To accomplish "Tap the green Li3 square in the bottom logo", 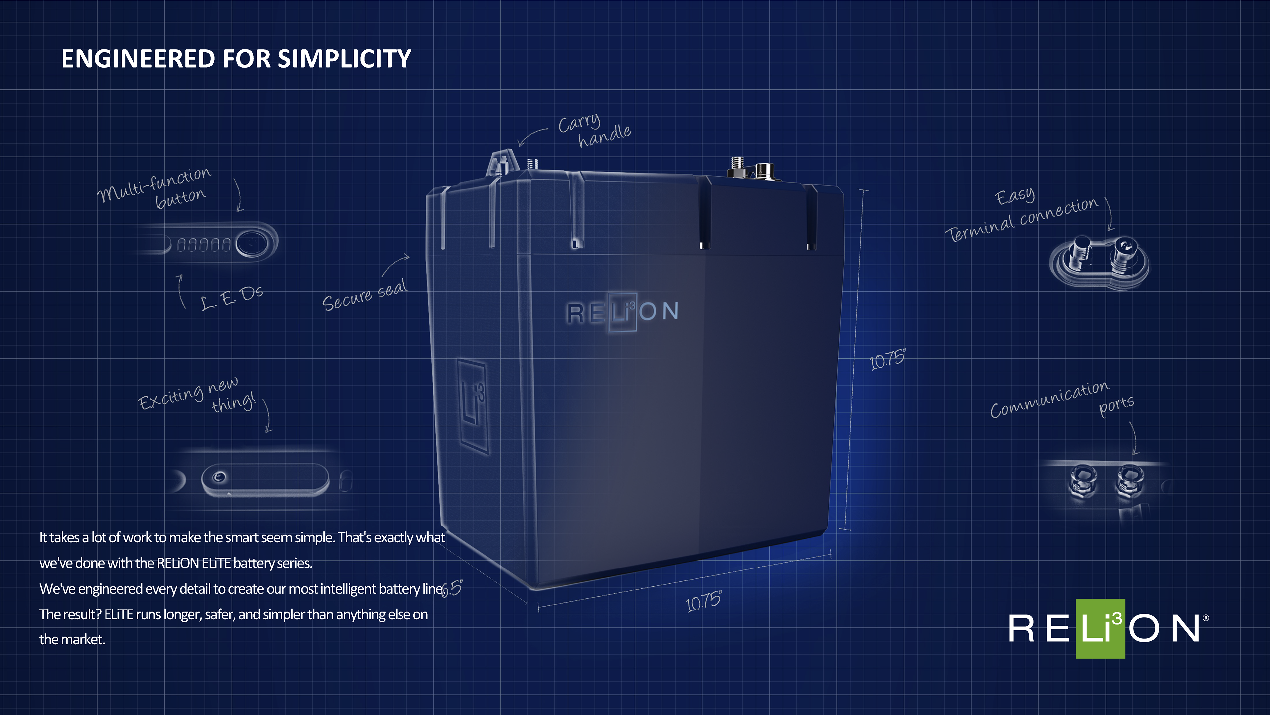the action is click(x=1100, y=628).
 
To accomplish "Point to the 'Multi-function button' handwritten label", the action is click(x=154, y=188).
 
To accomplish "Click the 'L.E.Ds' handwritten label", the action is click(x=232, y=297).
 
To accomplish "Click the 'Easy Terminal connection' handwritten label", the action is click(x=1021, y=215).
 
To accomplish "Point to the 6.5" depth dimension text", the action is click(x=451, y=588).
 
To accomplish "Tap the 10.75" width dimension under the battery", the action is click(x=703, y=601).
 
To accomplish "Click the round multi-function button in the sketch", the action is click(x=252, y=243).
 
